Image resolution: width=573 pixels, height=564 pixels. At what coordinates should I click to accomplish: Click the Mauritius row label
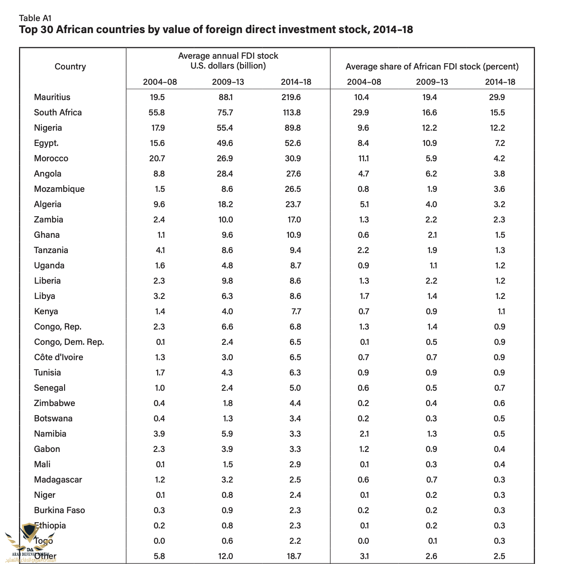click(52, 97)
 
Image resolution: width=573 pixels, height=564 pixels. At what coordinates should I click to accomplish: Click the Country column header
click(70, 67)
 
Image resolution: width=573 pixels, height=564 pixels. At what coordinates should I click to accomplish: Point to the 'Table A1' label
click(35, 18)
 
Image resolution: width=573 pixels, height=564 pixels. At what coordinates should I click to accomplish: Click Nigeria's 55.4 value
click(225, 128)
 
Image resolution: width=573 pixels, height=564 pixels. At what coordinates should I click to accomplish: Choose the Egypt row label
click(46, 143)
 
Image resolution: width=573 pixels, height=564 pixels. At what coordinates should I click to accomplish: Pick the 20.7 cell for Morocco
click(159, 158)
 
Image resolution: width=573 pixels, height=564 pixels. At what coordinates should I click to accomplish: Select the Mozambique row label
click(59, 189)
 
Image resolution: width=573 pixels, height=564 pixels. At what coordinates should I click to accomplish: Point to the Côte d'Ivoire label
click(59, 357)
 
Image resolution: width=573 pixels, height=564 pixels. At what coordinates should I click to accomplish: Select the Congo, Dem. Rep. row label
click(69, 342)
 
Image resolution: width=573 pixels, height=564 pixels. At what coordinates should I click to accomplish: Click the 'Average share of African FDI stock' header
click(432, 67)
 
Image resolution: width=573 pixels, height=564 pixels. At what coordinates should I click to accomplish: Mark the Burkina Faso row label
click(60, 510)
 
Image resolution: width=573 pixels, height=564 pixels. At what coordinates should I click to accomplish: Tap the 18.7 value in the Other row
click(294, 556)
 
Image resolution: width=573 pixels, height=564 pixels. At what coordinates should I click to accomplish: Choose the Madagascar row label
click(58, 480)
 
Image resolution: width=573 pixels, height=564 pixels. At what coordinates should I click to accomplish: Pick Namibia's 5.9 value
click(227, 434)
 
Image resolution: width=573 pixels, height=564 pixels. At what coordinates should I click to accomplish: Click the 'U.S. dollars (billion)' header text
click(228, 66)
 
